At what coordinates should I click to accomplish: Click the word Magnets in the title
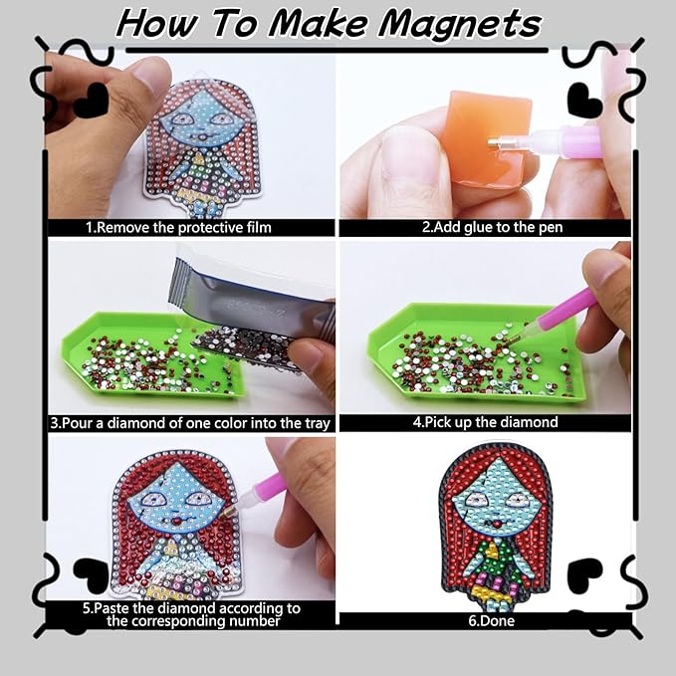(x=459, y=25)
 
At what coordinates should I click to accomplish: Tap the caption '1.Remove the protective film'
(x=178, y=227)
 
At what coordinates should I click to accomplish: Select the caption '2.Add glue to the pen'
(x=492, y=227)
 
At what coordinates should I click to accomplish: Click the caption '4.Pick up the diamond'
(x=485, y=422)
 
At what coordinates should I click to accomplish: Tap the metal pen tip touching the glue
(x=497, y=141)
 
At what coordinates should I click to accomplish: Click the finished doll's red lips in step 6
(x=496, y=525)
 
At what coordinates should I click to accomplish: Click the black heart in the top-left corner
(x=91, y=100)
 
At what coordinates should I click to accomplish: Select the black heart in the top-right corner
(x=585, y=101)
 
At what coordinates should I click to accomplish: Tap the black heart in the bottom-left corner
(x=91, y=574)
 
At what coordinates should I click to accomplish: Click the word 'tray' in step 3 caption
(x=318, y=423)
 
